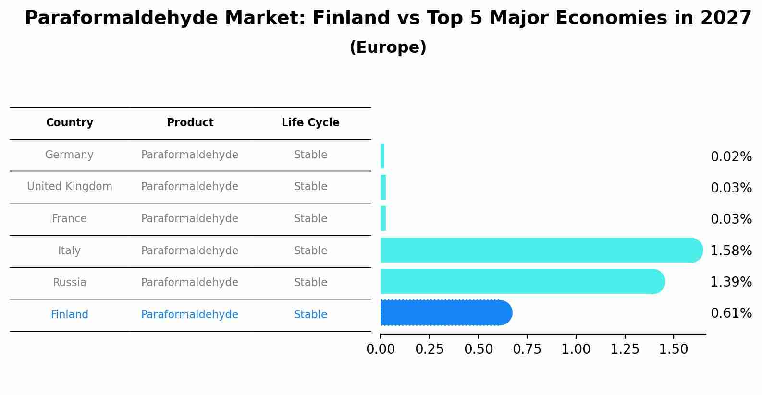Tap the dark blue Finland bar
coord(444,313)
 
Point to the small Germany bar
coord(382,156)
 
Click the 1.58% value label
coord(731,251)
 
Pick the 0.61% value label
coord(731,313)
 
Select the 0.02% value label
coord(731,157)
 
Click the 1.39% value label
coord(731,282)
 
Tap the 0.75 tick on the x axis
coord(527,349)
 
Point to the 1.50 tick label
coord(674,349)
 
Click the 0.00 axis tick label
coord(381,349)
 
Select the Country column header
coord(70,123)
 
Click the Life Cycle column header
coord(310,123)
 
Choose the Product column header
coord(190,123)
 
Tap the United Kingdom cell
coord(70,187)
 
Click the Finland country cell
coord(70,315)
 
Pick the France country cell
coord(70,219)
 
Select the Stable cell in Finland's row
coord(310,315)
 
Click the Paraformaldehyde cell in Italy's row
coord(190,251)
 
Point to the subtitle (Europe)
coord(388,48)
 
